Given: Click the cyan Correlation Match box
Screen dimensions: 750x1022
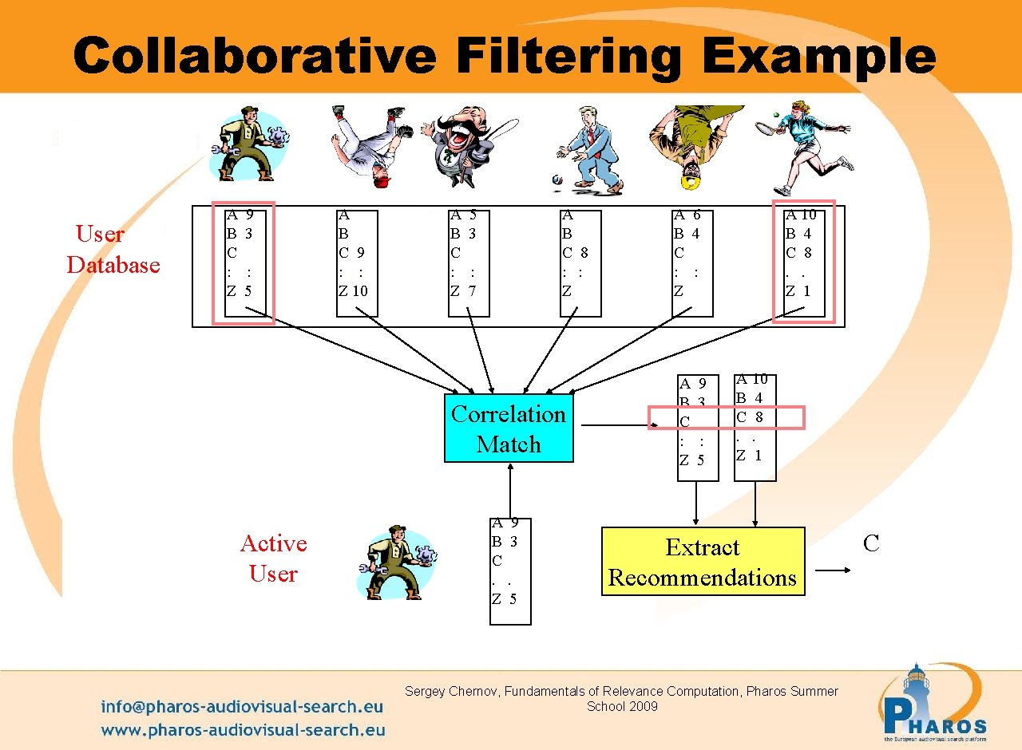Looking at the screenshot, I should tap(509, 428).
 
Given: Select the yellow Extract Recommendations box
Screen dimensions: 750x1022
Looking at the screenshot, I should tap(703, 562).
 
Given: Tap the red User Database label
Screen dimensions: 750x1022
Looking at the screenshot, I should tap(113, 249).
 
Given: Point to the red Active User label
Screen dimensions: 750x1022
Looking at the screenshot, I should tap(273, 558).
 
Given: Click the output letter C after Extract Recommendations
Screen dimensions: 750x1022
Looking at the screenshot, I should tap(871, 544).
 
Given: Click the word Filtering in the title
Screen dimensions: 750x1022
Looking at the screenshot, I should tap(568, 57).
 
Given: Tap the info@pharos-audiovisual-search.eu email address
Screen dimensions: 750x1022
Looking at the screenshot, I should tap(242, 706).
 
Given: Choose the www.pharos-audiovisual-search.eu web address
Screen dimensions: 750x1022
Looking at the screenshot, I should tap(243, 729).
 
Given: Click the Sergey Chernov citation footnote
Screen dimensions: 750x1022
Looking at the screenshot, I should tap(621, 698).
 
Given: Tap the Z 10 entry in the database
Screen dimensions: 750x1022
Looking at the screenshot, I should tap(353, 291).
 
